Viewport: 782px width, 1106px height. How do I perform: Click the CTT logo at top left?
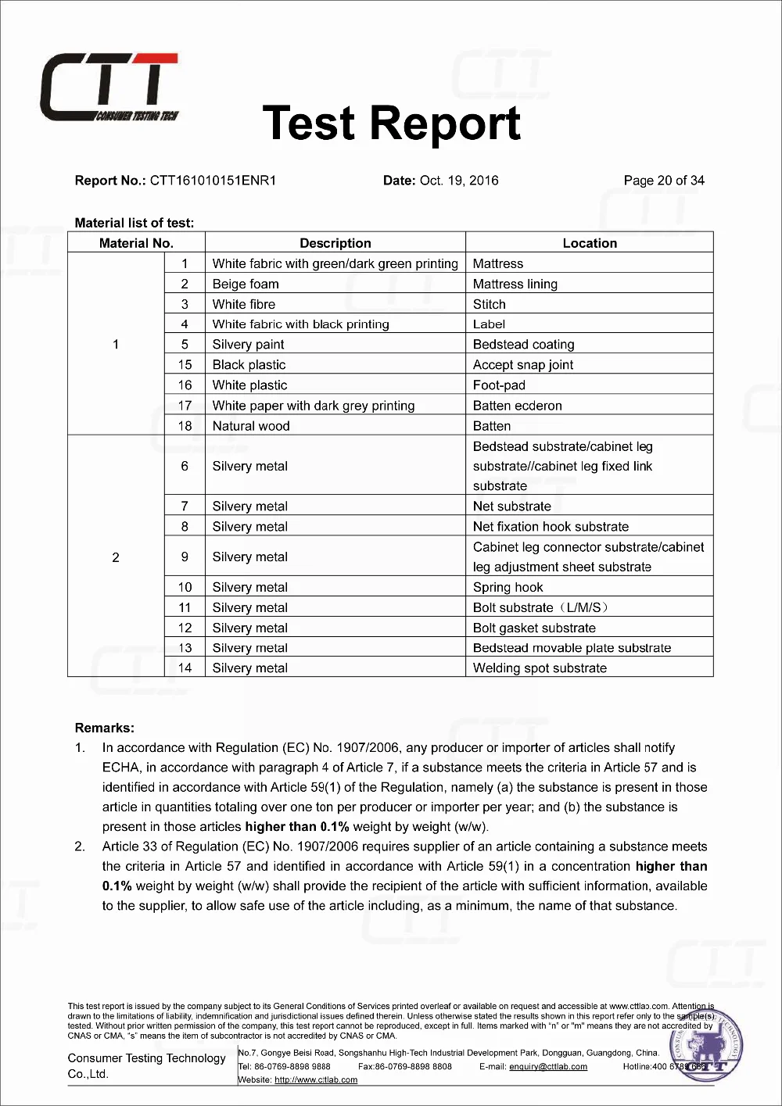point(109,88)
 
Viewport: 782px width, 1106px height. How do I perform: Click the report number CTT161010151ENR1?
point(213,181)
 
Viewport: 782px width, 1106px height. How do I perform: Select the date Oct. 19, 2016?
point(459,181)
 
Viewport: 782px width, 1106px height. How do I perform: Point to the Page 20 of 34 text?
point(664,181)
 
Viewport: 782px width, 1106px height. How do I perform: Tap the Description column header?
point(335,243)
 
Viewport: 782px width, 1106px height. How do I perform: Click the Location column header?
point(590,243)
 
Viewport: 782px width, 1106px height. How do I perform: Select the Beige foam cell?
point(246,284)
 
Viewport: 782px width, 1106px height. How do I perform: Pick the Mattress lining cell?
point(515,284)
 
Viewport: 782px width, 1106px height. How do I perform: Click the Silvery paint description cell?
point(248,345)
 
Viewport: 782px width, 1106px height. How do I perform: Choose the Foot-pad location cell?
point(499,385)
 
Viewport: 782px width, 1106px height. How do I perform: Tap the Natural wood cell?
point(251,426)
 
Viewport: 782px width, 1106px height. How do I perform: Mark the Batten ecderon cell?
point(518,406)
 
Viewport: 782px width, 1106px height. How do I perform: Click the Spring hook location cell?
point(508,587)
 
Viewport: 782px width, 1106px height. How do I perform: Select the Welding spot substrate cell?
point(540,668)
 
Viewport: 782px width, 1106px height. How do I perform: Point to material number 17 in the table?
point(185,406)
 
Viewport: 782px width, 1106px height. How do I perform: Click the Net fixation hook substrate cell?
point(551,527)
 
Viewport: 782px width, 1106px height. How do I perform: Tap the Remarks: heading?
point(105,728)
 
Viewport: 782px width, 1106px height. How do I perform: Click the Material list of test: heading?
point(135,223)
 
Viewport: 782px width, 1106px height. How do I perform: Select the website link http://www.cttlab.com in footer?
point(316,1079)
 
